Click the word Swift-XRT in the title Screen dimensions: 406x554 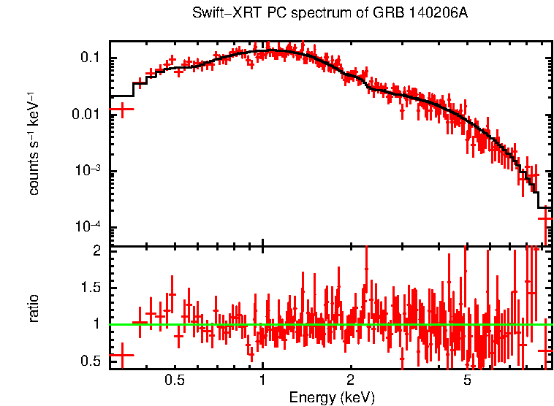tap(220, 13)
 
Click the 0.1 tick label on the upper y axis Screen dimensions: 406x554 tap(96, 58)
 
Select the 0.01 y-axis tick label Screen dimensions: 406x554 tap(93, 115)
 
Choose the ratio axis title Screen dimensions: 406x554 tap(34, 309)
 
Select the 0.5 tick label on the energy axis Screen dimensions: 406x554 tap(175, 380)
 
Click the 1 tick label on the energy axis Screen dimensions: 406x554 tap(262, 380)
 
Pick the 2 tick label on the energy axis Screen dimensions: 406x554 tap(351, 380)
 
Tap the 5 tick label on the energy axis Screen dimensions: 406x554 tap(467, 380)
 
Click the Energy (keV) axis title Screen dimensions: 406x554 tap(332, 397)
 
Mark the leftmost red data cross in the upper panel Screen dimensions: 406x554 tap(122, 110)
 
